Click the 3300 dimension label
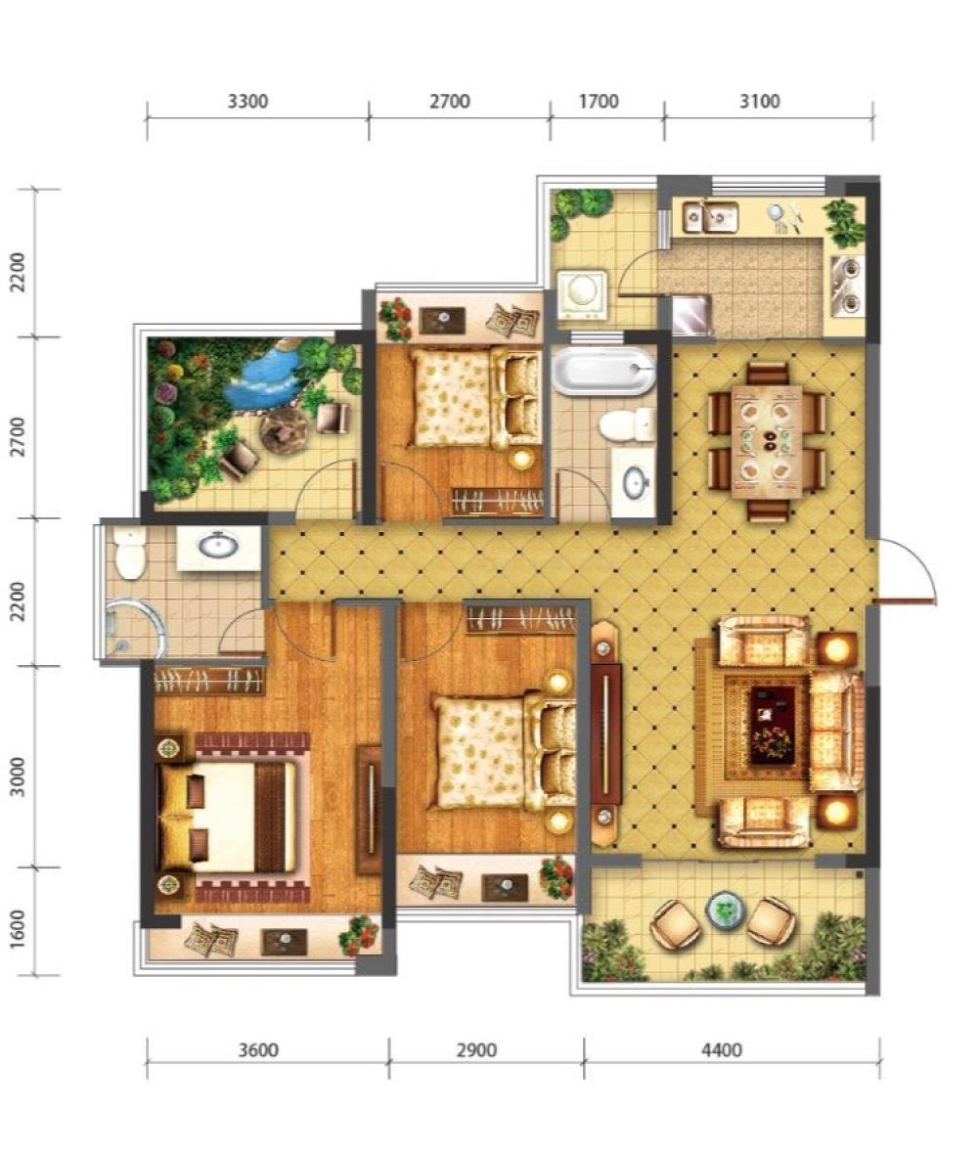(247, 101)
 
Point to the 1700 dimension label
(599, 101)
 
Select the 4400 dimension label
(721, 1049)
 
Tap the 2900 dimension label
(476, 1049)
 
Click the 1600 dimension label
(18, 929)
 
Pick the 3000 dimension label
(18, 777)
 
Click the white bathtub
(603, 371)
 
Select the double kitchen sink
(710, 216)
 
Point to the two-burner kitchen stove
(847, 285)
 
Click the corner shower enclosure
(136, 628)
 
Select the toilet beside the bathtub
(627, 425)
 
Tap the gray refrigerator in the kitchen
(691, 314)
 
